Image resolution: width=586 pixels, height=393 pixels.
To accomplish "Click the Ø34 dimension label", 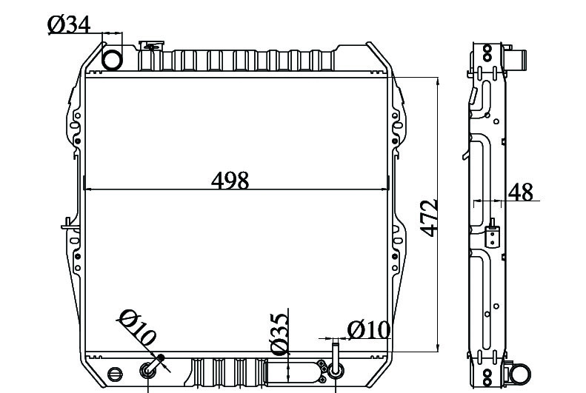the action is coord(69,25).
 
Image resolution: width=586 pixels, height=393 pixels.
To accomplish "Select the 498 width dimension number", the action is coord(230,181).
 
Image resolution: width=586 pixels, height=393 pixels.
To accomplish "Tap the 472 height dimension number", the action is coord(429,218).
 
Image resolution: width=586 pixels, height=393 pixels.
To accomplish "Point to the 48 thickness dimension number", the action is coord(520,192).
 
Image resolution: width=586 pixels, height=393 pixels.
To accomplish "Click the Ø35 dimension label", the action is coord(279,334).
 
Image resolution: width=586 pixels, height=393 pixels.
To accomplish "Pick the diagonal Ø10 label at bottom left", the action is coord(137,327).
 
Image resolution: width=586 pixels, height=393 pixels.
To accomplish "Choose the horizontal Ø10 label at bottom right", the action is coord(369,330).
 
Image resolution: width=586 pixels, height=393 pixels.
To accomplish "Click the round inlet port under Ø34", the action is coord(112,60).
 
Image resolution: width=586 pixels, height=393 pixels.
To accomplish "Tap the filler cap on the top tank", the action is coord(151,46).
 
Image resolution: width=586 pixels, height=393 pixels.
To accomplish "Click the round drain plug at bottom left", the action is coord(115,374).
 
